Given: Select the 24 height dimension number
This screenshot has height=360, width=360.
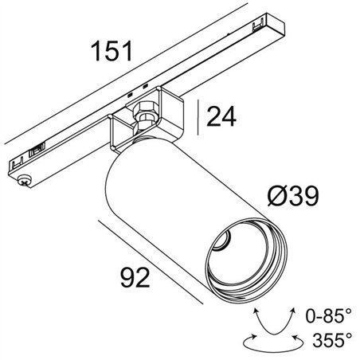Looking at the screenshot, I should tap(225, 118).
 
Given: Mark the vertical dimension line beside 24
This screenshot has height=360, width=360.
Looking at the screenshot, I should tap(200, 118).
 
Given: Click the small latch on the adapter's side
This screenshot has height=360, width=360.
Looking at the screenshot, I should tap(36, 150).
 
